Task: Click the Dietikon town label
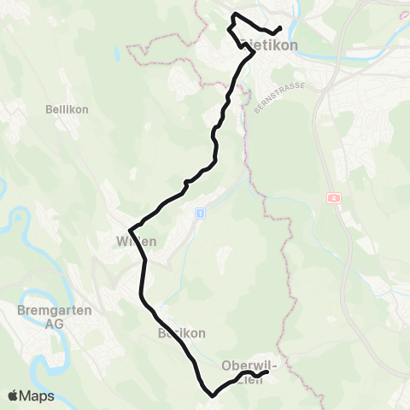click(271, 46)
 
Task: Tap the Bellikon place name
click(61, 109)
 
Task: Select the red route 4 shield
click(332, 197)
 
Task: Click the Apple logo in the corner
click(13, 395)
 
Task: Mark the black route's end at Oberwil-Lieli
click(266, 372)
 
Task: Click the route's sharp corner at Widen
click(130, 230)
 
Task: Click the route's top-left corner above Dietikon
click(234, 15)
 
